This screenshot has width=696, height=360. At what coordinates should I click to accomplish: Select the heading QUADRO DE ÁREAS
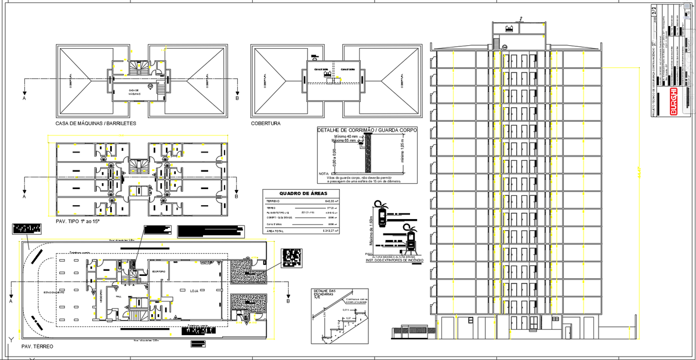(303, 194)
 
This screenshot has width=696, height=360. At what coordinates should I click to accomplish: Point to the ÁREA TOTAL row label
(276, 231)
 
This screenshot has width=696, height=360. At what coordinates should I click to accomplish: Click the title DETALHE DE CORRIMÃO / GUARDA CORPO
(367, 130)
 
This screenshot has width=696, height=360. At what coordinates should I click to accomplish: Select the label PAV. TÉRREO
(37, 346)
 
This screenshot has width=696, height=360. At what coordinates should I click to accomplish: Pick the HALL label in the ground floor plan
(119, 296)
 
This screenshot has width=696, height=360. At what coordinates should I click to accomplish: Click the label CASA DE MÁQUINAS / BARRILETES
(95, 123)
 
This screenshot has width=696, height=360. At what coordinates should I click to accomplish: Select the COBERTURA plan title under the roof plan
(266, 123)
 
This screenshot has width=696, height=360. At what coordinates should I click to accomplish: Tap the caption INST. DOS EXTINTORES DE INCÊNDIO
(394, 261)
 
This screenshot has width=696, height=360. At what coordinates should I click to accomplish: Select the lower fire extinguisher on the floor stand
(411, 238)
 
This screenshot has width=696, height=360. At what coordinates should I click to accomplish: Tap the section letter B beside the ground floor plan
(288, 301)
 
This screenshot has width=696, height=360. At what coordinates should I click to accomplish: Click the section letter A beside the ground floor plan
(11, 301)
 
